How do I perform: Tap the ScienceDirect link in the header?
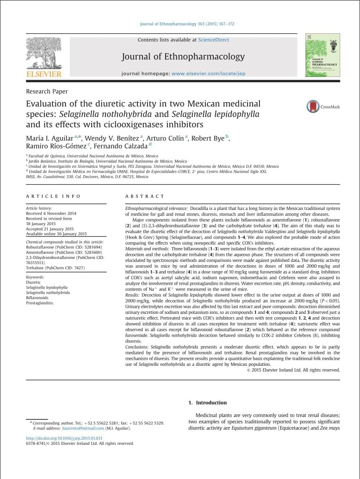tap(213, 40)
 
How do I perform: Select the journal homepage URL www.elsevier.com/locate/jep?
tap(208, 73)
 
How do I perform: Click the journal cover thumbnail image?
tap(322, 55)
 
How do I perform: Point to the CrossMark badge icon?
tap(313, 106)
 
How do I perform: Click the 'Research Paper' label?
tap(47, 91)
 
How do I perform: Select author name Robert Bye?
tap(207, 138)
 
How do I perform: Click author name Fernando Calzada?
tap(120, 146)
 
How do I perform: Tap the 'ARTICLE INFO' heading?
tap(53, 196)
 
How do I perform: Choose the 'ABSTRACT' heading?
tap(145, 196)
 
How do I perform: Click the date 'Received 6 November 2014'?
tap(51, 213)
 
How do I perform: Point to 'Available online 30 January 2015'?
tap(56, 234)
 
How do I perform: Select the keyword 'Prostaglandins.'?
tap(40, 302)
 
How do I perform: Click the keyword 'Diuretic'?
tap(33, 282)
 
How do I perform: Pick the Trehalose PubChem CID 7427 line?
tap(55, 268)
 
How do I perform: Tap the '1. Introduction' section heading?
tap(207, 403)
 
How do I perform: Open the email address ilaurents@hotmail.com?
tap(83, 428)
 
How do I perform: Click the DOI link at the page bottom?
tap(64, 438)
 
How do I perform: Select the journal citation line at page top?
tap(187, 24)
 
